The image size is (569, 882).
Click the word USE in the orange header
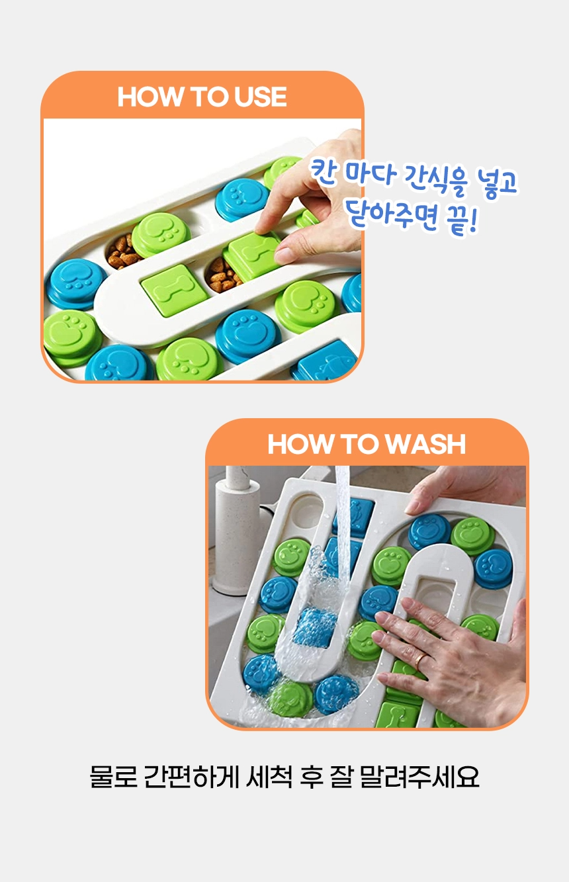[x=261, y=97]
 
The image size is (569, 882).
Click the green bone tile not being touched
[x=175, y=290]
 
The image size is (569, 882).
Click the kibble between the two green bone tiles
[x=222, y=275]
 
